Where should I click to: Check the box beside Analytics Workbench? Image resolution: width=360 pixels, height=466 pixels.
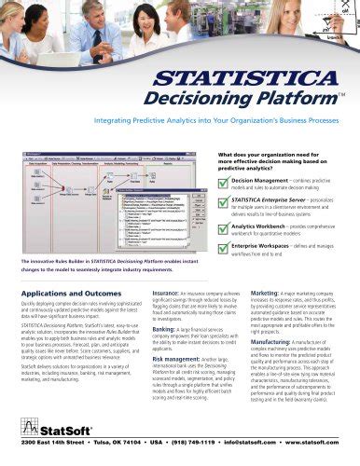[224, 224]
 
